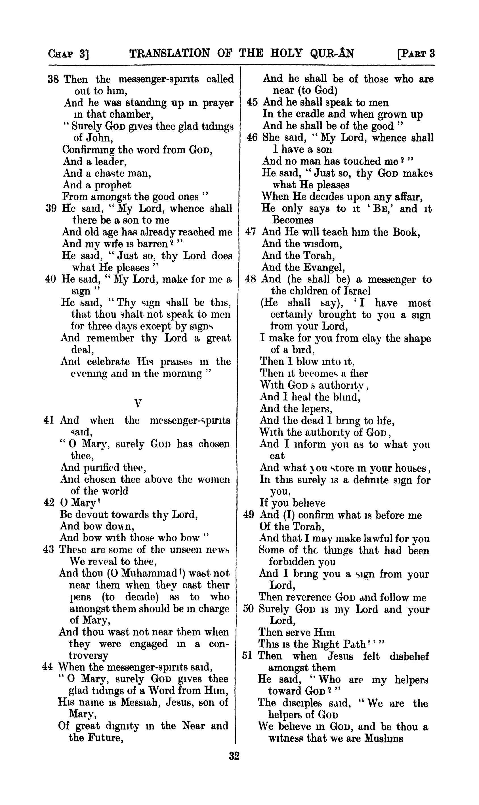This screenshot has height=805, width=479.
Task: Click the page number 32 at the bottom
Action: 234,756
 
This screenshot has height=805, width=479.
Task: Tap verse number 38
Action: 53,79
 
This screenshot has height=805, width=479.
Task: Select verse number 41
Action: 49,421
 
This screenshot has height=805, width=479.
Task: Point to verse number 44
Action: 47,667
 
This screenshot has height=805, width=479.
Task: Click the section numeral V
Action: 138,403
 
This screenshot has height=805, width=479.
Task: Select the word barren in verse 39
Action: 151,244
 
